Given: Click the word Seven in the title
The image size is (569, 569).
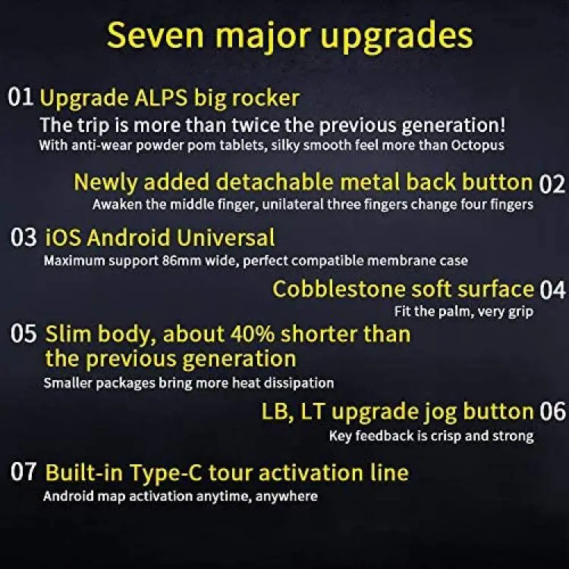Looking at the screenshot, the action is click(x=155, y=35).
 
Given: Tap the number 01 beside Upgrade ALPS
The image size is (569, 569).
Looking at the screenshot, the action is click(x=20, y=97).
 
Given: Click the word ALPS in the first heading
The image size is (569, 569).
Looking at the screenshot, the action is click(x=161, y=98).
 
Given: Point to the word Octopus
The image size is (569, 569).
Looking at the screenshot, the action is click(x=477, y=145).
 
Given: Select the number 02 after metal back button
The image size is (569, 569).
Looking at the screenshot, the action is click(x=552, y=184).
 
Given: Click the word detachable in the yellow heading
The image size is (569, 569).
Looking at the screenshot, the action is click(x=274, y=181).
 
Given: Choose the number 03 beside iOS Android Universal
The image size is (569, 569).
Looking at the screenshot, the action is click(x=24, y=237).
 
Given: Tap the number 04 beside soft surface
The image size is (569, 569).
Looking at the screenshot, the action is click(x=552, y=290).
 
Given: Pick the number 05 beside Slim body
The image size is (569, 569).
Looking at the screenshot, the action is click(x=24, y=333).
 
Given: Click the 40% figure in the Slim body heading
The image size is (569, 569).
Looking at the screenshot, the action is click(x=253, y=334).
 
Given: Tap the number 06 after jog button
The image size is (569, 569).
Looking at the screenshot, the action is click(x=552, y=411).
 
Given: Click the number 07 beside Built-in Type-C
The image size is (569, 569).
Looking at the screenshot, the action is click(x=24, y=471).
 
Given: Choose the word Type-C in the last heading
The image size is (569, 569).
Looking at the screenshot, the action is click(x=166, y=473).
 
